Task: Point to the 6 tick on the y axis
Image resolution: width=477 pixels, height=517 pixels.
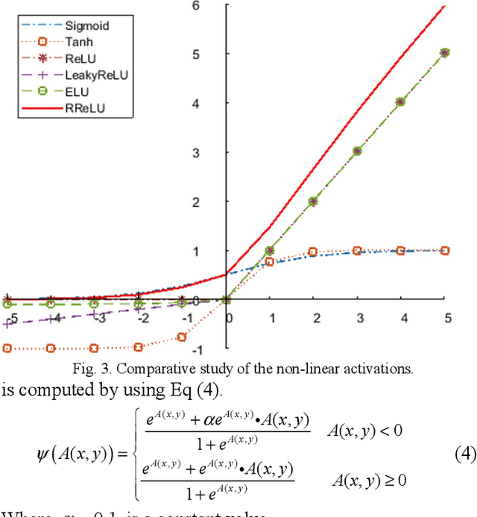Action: click(x=217, y=6)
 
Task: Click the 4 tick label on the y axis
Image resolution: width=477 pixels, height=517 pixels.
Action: click(x=217, y=103)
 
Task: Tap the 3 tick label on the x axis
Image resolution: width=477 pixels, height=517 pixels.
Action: click(x=358, y=318)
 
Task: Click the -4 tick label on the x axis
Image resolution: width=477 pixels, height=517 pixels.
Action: click(x=51, y=318)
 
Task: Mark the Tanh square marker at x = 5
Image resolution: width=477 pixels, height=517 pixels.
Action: click(x=445, y=251)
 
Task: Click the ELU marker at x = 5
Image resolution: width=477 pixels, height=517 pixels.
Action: click(x=445, y=53)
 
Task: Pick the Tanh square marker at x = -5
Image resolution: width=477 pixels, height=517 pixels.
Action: click(x=7, y=348)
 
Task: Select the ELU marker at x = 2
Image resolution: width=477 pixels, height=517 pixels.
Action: click(x=313, y=201)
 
